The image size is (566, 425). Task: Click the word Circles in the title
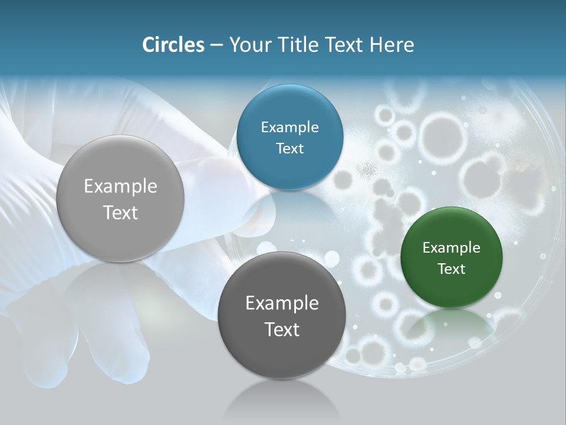coord(173,45)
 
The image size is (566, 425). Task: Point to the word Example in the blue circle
coord(289,127)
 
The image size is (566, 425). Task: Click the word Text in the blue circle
coord(289,148)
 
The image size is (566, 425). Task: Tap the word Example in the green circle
coord(452,248)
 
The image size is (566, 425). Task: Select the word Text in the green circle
coord(452,269)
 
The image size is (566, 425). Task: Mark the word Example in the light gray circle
coord(120,187)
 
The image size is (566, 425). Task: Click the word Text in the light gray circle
coord(120,212)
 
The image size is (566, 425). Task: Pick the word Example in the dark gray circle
coord(282,303)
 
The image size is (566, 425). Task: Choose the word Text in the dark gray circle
coord(282,329)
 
